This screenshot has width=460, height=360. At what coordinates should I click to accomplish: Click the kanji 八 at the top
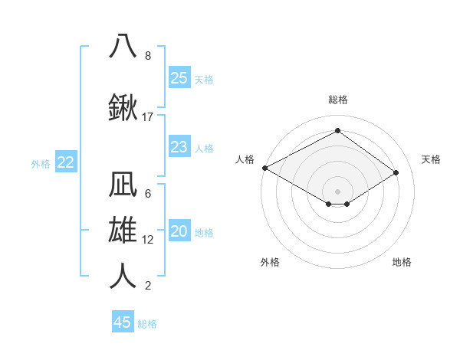[123, 45]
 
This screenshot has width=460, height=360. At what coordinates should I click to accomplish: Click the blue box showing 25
[179, 77]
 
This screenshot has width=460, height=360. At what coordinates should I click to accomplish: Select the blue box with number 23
[179, 147]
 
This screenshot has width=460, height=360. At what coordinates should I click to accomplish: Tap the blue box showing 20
[179, 232]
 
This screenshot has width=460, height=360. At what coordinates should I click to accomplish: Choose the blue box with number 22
[66, 162]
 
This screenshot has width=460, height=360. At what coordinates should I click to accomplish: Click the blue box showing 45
[123, 322]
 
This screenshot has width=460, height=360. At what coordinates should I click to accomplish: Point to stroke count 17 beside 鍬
[148, 117]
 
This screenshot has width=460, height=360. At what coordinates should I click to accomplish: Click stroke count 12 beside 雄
[148, 240]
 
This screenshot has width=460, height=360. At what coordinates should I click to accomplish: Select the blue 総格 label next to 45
[147, 324]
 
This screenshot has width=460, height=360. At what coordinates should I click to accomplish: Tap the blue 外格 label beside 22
[41, 163]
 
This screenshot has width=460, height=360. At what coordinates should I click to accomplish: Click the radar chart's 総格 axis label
[337, 100]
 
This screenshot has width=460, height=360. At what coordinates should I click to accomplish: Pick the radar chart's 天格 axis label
[431, 159]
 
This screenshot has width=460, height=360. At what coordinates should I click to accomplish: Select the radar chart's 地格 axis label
[402, 262]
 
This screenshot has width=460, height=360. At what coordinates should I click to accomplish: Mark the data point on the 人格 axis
[264, 167]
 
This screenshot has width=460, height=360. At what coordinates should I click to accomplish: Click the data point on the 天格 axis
[396, 172]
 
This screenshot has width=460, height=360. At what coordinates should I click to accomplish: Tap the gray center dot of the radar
[337, 191]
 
